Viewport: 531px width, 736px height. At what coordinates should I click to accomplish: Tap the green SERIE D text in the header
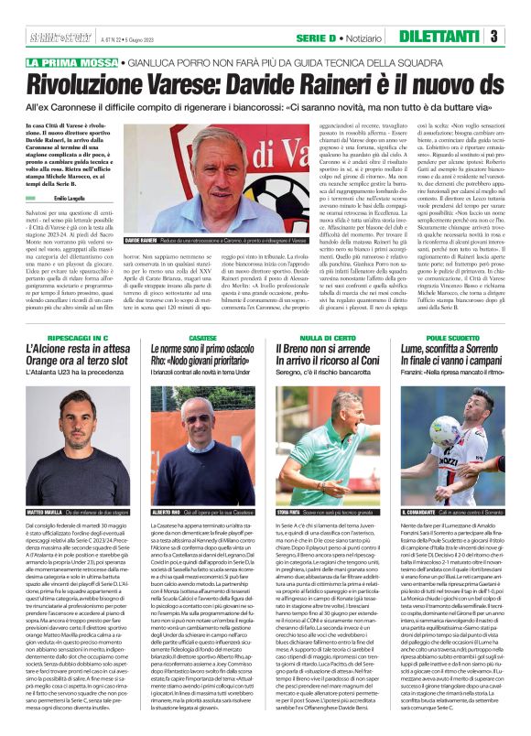click(320, 37)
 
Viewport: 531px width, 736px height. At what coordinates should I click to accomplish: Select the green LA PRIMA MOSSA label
click(70, 62)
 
